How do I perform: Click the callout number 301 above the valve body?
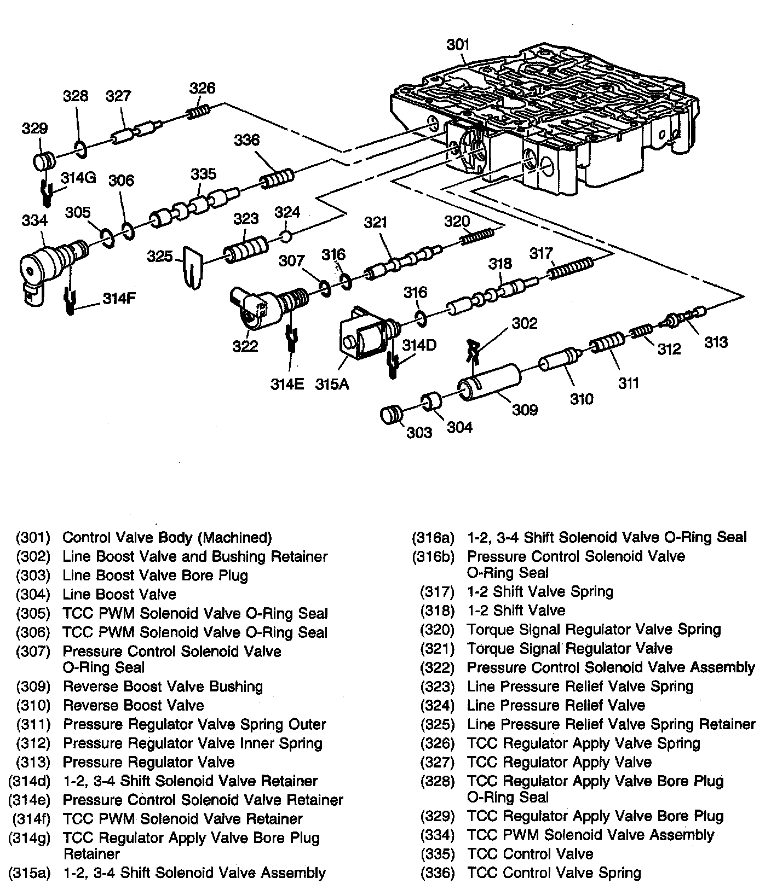coord(458,44)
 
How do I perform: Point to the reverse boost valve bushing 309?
coord(487,385)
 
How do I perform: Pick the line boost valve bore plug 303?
coord(390,415)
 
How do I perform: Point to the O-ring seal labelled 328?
coord(79,148)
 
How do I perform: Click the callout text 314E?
coord(287,384)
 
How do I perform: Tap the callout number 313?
coord(716,342)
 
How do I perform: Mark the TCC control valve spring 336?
coord(277,179)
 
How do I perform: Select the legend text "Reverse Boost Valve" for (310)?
coord(134,705)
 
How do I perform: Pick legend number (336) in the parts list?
coord(437,873)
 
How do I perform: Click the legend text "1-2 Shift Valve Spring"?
coord(540,591)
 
